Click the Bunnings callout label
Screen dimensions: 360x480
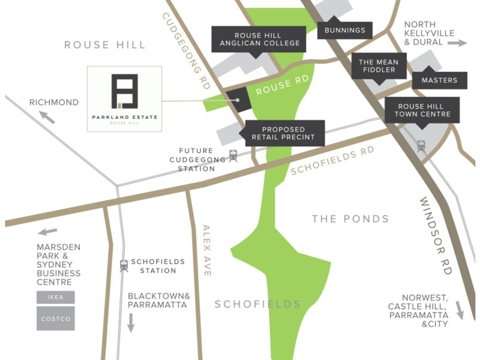click(x=344, y=30)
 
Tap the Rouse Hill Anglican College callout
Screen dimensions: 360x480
click(x=259, y=38)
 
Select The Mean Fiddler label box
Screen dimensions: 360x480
click(x=379, y=66)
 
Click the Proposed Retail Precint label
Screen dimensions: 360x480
click(x=282, y=133)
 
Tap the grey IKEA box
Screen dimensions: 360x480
click(x=55, y=297)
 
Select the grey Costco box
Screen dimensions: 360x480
click(x=55, y=319)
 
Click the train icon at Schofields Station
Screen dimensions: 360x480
click(x=124, y=265)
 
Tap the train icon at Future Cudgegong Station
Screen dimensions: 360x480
click(x=233, y=155)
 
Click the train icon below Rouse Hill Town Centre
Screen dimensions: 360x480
click(x=421, y=145)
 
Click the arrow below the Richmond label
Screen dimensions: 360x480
click(x=47, y=117)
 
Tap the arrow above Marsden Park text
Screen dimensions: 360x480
click(x=48, y=232)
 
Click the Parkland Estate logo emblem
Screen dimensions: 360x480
click(x=125, y=91)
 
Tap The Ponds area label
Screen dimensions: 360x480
click(x=350, y=219)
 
